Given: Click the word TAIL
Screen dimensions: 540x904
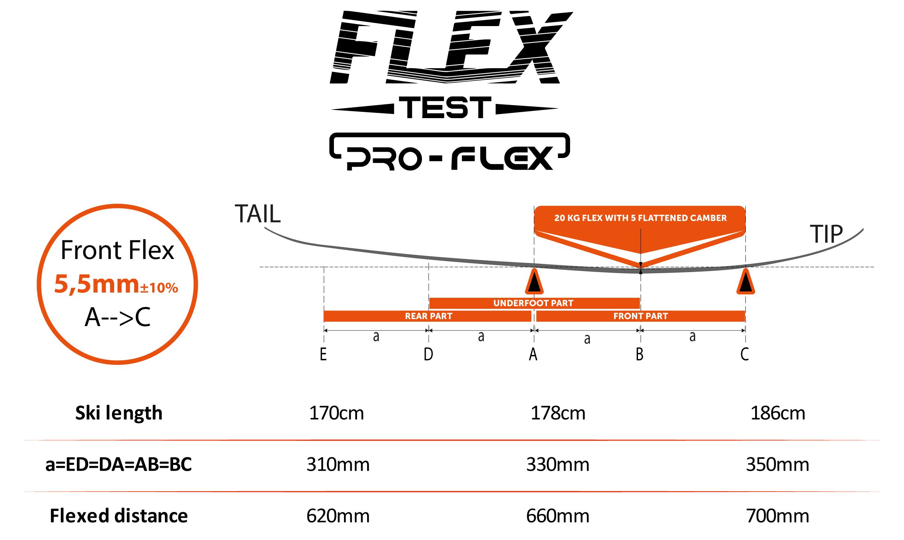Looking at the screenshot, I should coord(257,214).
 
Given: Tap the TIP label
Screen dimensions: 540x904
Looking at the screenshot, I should coord(826,234).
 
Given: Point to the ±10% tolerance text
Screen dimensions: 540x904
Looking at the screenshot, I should coord(159,288).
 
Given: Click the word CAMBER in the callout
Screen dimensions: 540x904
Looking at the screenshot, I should coord(708,218).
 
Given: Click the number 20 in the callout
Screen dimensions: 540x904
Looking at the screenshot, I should coord(559,218).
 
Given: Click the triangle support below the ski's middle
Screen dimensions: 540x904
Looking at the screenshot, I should coord(534,282).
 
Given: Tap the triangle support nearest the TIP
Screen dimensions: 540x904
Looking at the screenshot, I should coord(745,282).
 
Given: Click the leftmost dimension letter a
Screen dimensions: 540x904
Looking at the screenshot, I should coord(376,337).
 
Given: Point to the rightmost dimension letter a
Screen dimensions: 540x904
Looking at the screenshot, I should coord(692,337).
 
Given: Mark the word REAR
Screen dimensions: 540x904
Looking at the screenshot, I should coord(416,316).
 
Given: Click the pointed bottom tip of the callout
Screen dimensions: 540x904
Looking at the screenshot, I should coord(641,266).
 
